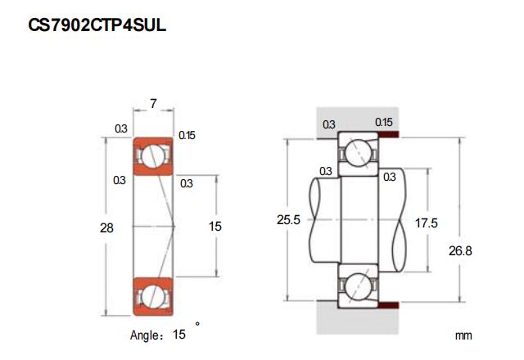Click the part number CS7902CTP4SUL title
[97, 25]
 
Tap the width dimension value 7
[153, 104]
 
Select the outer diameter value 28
[107, 228]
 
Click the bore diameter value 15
[215, 227]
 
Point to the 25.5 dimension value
[288, 220]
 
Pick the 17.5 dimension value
[426, 223]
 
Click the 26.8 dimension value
[460, 251]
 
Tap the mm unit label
[463, 335]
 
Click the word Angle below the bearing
[144, 335]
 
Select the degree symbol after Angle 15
[197, 324]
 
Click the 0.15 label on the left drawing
[187, 135]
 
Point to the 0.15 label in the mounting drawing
[384, 122]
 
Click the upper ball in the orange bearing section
[153, 156]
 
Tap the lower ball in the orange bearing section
[153, 296]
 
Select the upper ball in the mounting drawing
[358, 152]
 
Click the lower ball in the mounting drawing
[358, 286]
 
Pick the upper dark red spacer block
[389, 134]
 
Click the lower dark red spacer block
[389, 305]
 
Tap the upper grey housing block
[357, 119]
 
